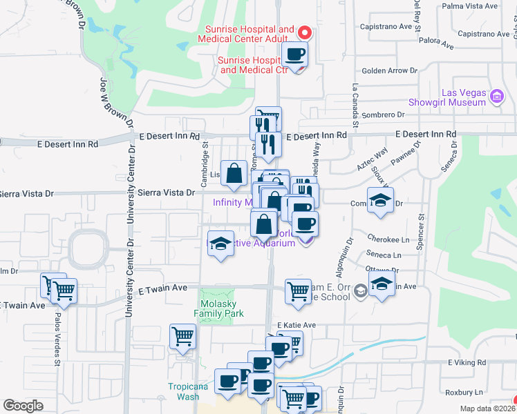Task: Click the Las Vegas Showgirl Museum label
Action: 464,97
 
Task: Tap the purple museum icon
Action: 496,95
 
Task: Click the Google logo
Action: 23,406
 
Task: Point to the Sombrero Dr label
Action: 384,115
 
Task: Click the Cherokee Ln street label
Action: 389,239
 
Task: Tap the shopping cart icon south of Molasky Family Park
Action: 183,336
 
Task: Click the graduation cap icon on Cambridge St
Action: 220,244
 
